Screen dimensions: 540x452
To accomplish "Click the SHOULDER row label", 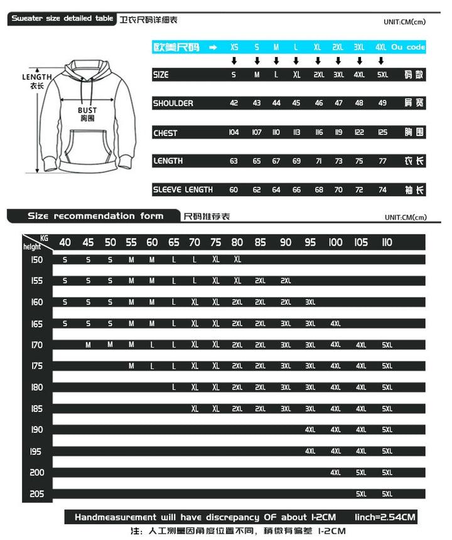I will coord(173,103).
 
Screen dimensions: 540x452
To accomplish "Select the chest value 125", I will coord(382,132).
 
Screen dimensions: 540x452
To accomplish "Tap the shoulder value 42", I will coord(234,103).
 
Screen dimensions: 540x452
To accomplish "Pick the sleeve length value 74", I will coord(382,189).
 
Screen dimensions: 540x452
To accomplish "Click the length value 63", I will coord(234,161).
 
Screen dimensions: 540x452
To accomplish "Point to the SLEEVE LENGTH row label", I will coord(183,189).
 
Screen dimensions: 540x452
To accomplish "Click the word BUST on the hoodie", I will coord(87,110).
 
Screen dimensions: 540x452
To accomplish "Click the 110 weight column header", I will coord(387,242).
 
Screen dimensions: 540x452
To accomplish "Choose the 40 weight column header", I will coord(65,242).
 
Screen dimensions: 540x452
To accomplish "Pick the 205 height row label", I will coord(36,494).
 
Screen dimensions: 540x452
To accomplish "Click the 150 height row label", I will coord(36,260).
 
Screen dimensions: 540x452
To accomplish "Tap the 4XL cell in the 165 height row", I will coord(335,324).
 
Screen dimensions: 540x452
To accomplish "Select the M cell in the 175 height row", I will coord(131,366).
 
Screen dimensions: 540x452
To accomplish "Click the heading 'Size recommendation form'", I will coord(95,216).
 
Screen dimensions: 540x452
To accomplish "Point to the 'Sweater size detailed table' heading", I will coord(62,19).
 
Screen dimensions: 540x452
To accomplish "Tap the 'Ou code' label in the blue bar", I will coord(408,47).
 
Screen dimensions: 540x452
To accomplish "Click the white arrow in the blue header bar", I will coord(213,47).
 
